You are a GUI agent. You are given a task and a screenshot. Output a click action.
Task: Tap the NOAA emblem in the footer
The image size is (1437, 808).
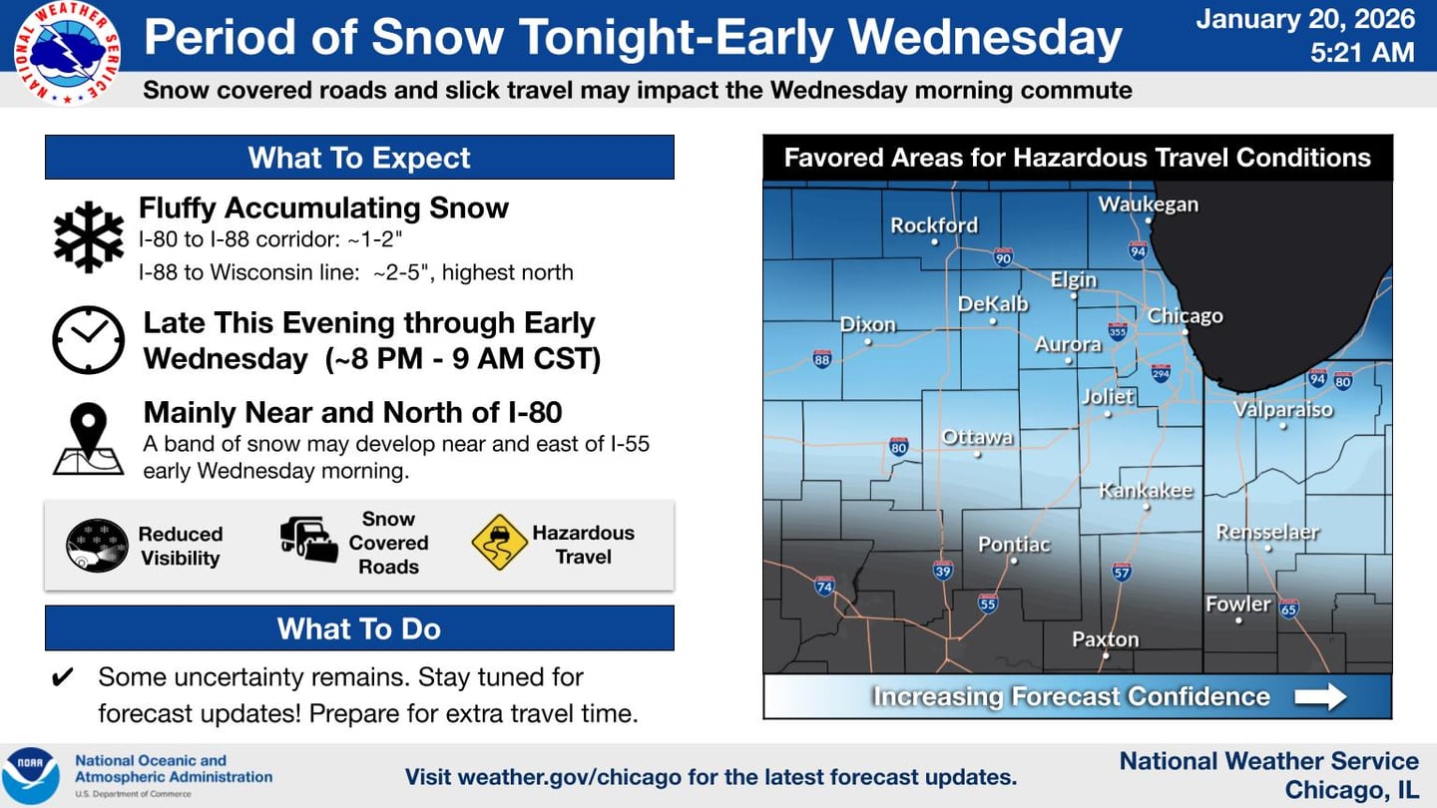click(x=30, y=776)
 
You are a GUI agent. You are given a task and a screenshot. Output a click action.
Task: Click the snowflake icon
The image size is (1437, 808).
click(x=88, y=237)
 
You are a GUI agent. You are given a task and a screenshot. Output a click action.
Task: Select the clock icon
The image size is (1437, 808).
click(x=88, y=340)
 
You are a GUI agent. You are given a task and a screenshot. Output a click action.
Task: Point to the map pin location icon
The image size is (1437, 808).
click(x=88, y=440)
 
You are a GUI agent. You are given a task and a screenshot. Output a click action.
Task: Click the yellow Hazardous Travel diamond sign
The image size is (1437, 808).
click(x=499, y=544)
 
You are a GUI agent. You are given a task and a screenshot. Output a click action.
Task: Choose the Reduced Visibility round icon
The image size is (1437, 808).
click(x=97, y=546)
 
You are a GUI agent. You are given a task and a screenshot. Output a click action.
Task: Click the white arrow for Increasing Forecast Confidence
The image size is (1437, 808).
click(x=1320, y=696)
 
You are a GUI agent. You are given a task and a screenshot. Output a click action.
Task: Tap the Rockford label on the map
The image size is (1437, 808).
click(x=934, y=225)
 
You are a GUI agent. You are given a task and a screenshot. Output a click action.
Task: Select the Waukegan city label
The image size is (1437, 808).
click(x=1148, y=204)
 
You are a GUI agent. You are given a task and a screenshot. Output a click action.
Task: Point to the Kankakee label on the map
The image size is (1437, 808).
click(x=1146, y=491)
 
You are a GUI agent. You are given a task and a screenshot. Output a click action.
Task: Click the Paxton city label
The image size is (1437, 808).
click(x=1105, y=639)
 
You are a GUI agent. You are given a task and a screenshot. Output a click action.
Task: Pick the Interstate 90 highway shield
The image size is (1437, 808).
click(x=1003, y=258)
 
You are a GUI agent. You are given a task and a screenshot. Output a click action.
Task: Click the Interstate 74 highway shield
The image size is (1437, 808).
click(x=824, y=587)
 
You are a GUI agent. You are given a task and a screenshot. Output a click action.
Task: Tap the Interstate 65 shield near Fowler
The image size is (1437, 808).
click(x=1288, y=607)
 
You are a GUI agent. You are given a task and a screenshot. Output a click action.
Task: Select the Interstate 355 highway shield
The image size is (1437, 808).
click(x=1118, y=331)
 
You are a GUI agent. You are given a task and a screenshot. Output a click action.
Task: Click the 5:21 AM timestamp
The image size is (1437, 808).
click(x=1362, y=52)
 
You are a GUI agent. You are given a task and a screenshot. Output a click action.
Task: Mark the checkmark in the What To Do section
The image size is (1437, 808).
click(x=62, y=678)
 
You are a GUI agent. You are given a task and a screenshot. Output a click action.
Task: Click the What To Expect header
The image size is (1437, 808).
click(x=359, y=158)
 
